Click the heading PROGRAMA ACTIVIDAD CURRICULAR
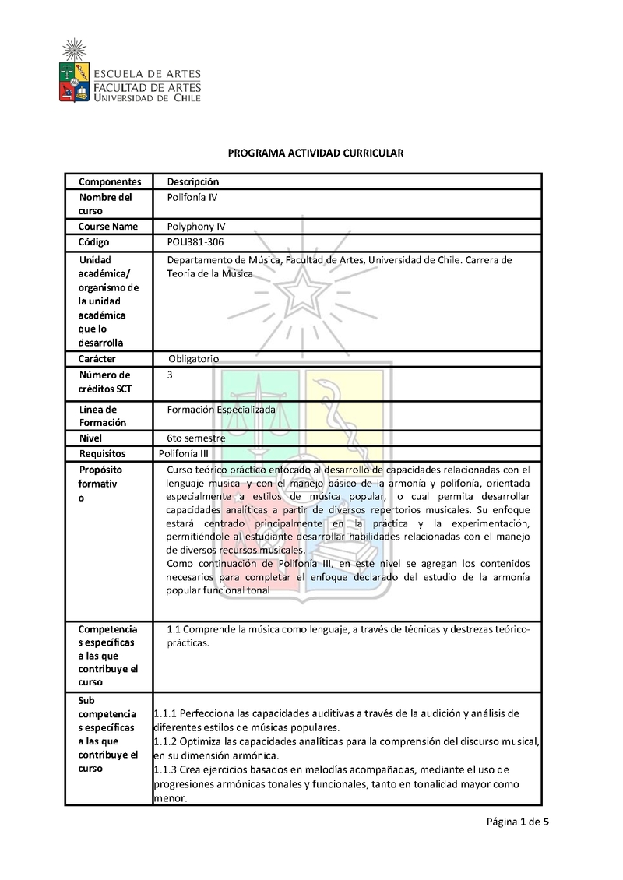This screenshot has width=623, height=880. pos(315,153)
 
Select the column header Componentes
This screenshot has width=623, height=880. pos(110,181)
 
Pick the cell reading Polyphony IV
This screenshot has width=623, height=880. pos(195,227)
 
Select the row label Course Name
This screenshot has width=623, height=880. pos(107,227)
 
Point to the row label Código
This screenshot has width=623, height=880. pos(94,242)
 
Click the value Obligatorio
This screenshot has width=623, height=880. pos(194,359)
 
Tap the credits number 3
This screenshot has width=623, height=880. pos(170,375)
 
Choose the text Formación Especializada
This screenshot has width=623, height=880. pos(221,409)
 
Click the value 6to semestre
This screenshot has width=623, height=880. pos(196,438)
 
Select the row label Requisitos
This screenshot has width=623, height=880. pos(102,453)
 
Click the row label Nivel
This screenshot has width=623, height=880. pos(90,438)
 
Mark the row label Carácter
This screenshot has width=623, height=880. pos(97,359)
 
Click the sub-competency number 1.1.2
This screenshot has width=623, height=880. pos(167,741)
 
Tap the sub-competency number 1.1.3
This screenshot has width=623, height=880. pos(167,769)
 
